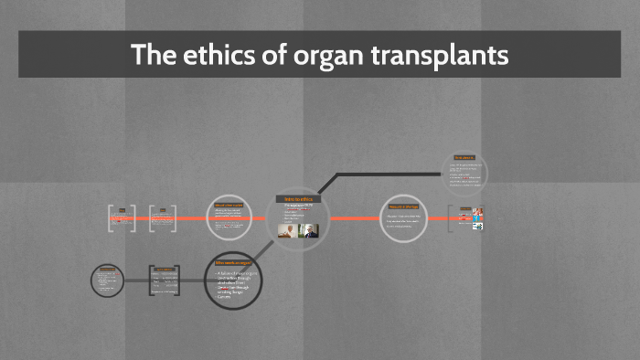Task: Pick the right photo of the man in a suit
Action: (310, 231)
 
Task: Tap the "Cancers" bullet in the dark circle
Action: (225, 297)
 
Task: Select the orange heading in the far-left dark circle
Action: (108, 268)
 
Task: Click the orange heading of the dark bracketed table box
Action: (165, 268)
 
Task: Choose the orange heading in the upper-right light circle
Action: (464, 158)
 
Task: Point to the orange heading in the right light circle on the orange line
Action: (403, 207)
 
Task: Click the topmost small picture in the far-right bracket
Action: (477, 212)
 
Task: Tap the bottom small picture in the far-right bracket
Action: (477, 227)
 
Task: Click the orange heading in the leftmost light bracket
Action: (121, 209)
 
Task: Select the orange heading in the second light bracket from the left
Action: (163, 209)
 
